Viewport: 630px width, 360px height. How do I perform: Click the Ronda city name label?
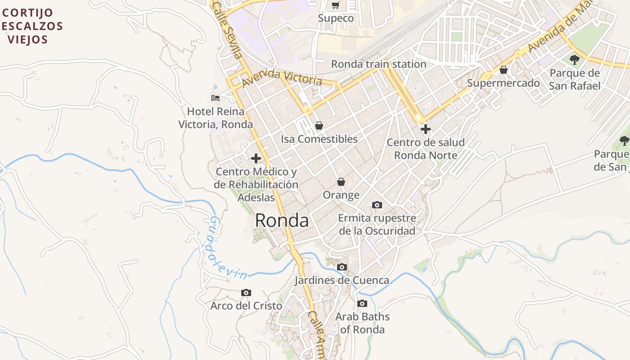pos(282,220)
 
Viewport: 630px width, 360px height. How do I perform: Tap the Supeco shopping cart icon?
pos(335,5)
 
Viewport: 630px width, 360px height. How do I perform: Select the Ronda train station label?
pos(378,64)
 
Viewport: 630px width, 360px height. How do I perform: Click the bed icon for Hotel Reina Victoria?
pos(216,98)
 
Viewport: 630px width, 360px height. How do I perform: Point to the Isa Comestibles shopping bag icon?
pos(319,126)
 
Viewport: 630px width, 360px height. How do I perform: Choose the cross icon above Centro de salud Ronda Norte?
pos(425,129)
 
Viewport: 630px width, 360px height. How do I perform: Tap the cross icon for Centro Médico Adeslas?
pos(256,158)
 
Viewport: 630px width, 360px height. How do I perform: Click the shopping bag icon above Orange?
pos(341,182)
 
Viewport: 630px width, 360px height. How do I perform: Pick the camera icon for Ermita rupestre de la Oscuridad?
pos(377,205)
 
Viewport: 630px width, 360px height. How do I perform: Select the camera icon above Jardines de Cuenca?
pos(342,267)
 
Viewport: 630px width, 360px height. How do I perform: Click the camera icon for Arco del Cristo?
pos(246,293)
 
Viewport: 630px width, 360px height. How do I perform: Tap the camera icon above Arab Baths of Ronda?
pos(362,304)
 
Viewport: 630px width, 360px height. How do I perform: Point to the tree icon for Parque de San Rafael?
pos(574,59)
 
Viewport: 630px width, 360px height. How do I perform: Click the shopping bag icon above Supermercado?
pos(504,70)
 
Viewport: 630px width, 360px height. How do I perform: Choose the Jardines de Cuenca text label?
pos(342,280)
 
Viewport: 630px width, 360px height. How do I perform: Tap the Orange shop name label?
pos(341,195)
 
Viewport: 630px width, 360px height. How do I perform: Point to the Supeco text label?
pos(336,18)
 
